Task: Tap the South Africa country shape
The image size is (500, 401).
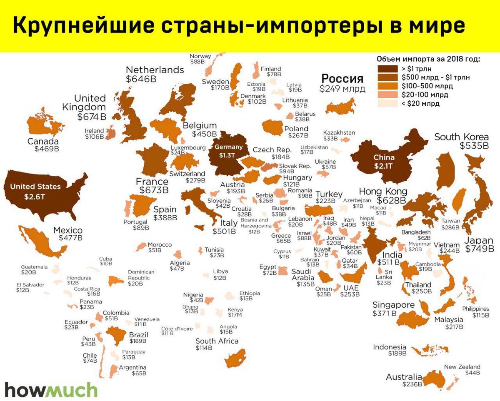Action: tap(235, 358)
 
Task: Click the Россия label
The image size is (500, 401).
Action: tap(342, 78)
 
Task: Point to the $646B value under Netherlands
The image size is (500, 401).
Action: tap(141, 79)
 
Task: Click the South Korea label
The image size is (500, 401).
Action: tap(461, 137)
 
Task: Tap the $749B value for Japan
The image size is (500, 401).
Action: tap(479, 249)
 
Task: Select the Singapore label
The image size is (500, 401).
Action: tap(393, 305)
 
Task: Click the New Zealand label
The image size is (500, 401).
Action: tap(462, 367)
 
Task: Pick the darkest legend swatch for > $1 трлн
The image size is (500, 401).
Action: tap(387, 69)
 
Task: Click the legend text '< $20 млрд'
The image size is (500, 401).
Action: tap(420, 104)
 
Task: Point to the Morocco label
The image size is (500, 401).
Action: tap(160, 245)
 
